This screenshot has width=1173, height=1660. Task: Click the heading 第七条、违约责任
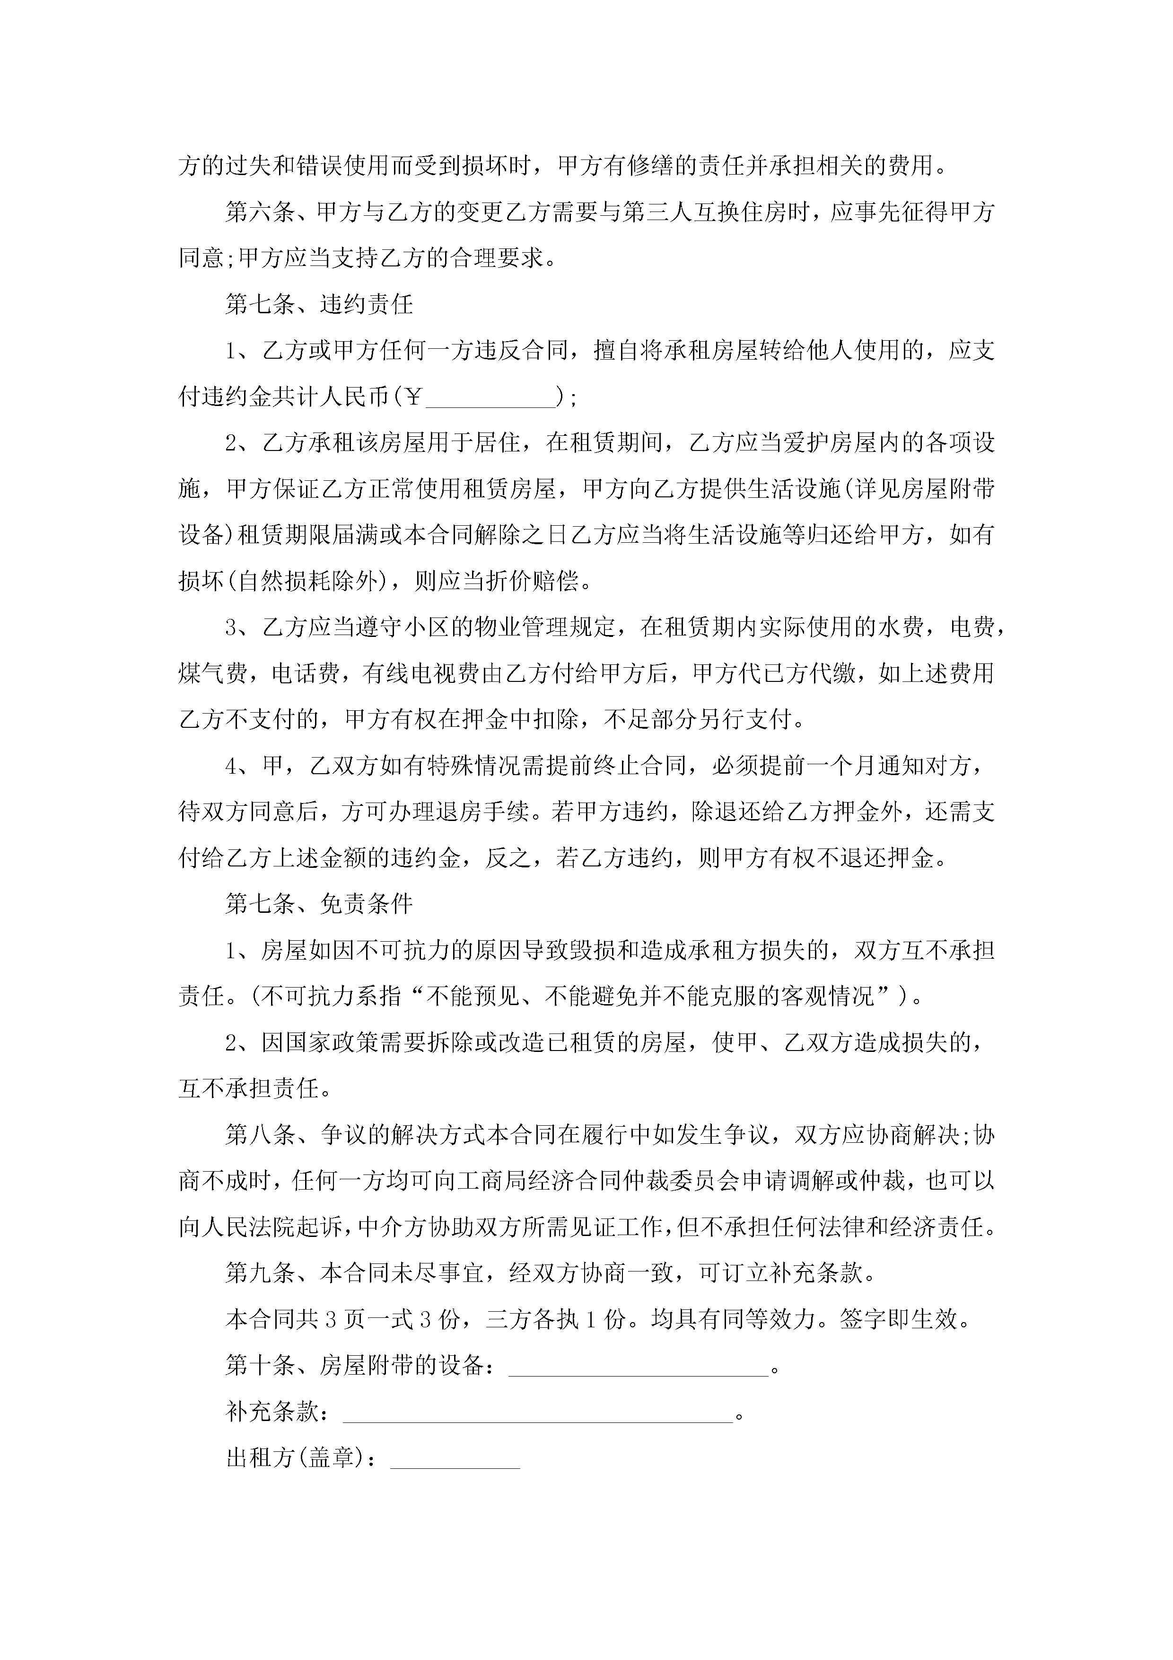(x=319, y=304)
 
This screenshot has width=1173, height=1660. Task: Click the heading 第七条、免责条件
(x=319, y=904)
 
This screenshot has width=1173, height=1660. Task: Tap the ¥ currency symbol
(x=413, y=397)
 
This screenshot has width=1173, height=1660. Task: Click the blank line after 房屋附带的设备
(x=639, y=1367)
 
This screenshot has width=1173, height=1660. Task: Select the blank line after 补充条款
(x=538, y=1413)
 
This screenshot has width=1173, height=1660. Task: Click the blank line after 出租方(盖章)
(x=455, y=1459)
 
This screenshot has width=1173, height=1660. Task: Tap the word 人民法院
(x=249, y=1227)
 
